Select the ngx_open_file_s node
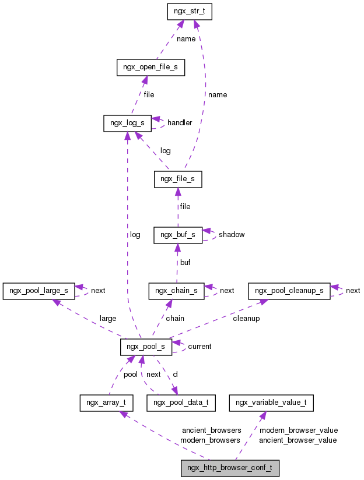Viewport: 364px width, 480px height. (150, 68)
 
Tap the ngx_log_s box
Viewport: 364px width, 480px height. (127, 123)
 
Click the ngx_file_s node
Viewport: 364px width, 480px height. (178, 179)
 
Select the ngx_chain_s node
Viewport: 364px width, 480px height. (176, 291)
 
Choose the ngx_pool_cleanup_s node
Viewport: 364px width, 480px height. (289, 291)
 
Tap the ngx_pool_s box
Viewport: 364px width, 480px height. (146, 347)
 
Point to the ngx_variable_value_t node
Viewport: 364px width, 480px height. (272, 403)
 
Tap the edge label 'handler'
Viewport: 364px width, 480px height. (180, 123)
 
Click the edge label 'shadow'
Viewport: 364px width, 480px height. (232, 235)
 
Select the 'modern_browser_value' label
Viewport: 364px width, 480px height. (299, 430)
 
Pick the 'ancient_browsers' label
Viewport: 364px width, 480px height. (211, 430)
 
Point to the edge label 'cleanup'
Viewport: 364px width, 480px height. (246, 319)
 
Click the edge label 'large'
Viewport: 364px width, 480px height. (108, 319)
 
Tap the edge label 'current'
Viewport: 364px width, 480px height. (199, 347)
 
